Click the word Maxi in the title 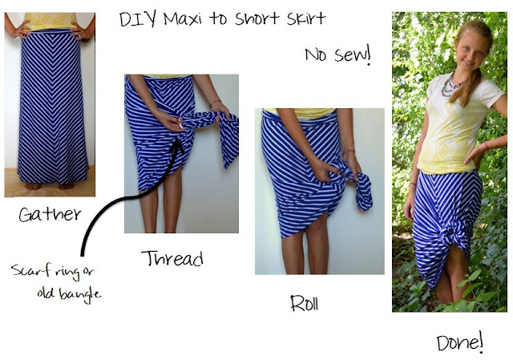pyautogui.click(x=183, y=19)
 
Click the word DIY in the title pyautogui.click(x=138, y=19)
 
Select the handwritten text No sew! pyautogui.click(x=338, y=55)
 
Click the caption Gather pyautogui.click(x=50, y=214)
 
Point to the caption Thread pyautogui.click(x=172, y=258)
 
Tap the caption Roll pyautogui.click(x=305, y=303)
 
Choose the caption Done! pyautogui.click(x=460, y=342)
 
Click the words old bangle pyautogui.click(x=69, y=293)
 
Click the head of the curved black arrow pyautogui.click(x=177, y=146)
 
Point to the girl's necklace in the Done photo pyautogui.click(x=451, y=85)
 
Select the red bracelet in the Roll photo pyautogui.click(x=349, y=152)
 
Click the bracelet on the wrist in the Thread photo pyautogui.click(x=216, y=103)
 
